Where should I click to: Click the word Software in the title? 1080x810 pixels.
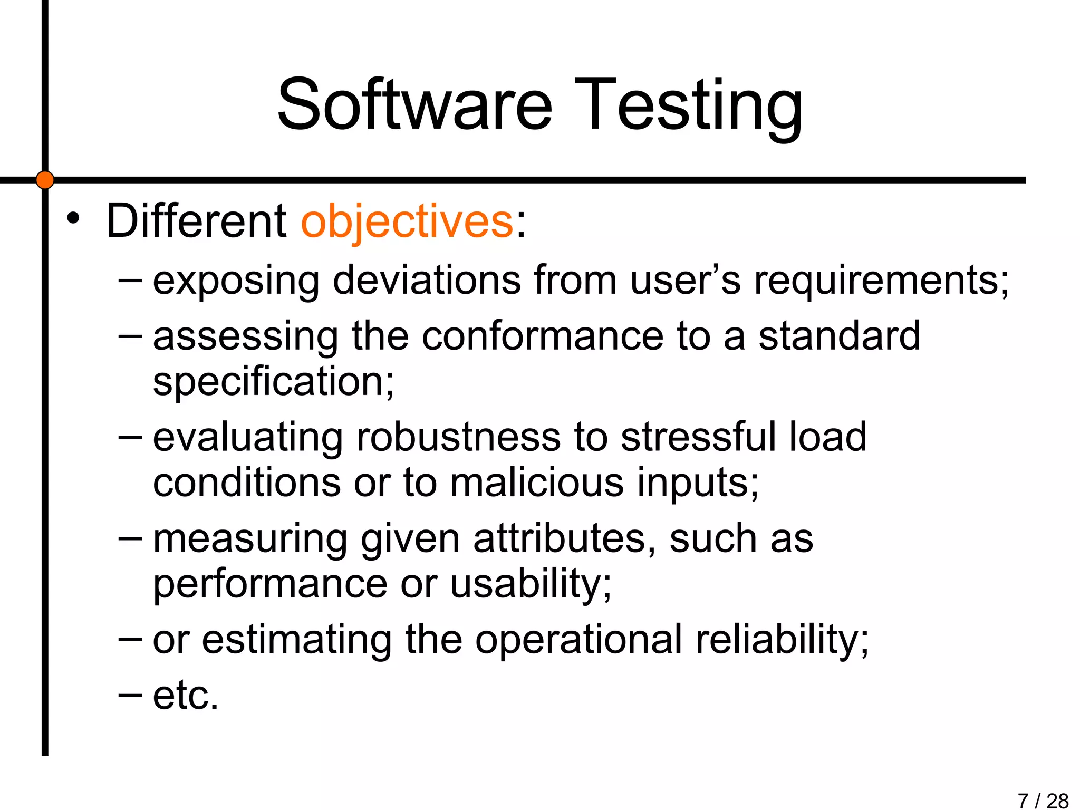click(x=414, y=104)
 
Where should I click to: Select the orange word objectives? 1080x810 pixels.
click(x=407, y=221)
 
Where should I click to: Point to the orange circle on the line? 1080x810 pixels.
click(x=45, y=180)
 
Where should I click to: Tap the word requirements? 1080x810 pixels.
click(x=881, y=281)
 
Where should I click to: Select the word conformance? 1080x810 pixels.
click(x=543, y=336)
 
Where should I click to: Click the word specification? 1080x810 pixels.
click(x=273, y=382)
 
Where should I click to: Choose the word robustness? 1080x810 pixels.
click(x=458, y=437)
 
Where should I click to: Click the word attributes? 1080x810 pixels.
click(x=564, y=538)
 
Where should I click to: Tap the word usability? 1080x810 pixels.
click(x=531, y=584)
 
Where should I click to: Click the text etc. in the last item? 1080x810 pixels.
click(x=185, y=696)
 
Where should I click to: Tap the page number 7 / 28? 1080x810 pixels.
click(x=1043, y=801)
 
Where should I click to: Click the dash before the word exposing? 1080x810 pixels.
click(x=130, y=280)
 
